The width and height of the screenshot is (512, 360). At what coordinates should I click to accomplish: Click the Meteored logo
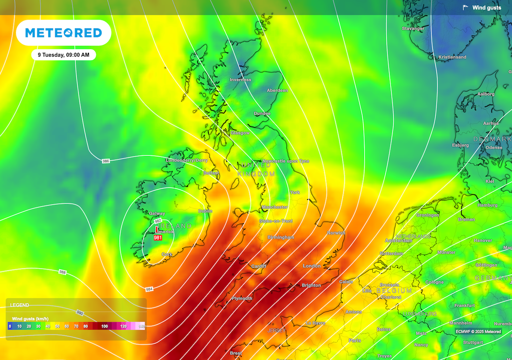[x=64, y=33]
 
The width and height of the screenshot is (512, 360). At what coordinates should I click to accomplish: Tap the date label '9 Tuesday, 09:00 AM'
[x=64, y=55]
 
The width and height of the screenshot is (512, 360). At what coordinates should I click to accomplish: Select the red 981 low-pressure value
[x=158, y=238]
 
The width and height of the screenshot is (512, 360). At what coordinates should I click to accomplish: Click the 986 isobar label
[x=106, y=161]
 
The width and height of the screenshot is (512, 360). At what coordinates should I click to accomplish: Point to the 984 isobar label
[x=149, y=289]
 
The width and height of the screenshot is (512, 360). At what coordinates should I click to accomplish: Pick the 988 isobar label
[x=62, y=272]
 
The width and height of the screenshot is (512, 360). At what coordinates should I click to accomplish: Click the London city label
[x=312, y=266]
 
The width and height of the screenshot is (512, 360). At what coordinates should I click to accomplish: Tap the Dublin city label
[x=205, y=211]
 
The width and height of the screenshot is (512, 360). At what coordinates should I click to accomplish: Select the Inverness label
[x=240, y=80]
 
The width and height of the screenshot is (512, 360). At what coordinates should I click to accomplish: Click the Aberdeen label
[x=277, y=90]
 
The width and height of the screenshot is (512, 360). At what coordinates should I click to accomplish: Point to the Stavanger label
[x=413, y=29]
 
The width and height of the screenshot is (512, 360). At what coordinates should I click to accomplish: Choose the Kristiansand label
[x=452, y=57]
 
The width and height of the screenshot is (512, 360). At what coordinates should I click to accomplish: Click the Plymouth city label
[x=242, y=298]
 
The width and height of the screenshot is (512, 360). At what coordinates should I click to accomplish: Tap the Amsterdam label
[x=398, y=241]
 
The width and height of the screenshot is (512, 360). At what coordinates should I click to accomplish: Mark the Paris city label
[x=354, y=340]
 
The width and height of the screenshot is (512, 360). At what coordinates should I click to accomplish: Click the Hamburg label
[x=487, y=205]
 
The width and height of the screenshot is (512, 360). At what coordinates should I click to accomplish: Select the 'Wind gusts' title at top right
[x=486, y=8]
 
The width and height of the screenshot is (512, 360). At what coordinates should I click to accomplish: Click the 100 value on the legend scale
[x=104, y=326]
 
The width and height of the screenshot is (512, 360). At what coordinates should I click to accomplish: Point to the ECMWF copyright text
[x=478, y=332]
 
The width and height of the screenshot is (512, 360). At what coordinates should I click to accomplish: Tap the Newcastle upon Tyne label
[x=286, y=161]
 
